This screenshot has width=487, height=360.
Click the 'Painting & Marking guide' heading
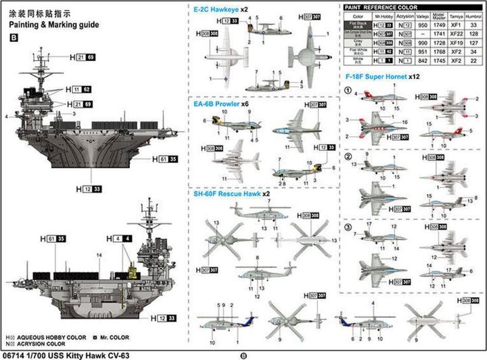(54, 24)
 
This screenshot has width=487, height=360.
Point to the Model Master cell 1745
(438, 60)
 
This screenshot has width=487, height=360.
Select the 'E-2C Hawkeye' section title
(216, 9)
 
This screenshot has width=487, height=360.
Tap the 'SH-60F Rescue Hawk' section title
(226, 194)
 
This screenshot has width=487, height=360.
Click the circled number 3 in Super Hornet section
(348, 227)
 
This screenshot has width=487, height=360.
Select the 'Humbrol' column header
(473, 16)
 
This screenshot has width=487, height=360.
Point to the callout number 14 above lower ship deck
(99, 254)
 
